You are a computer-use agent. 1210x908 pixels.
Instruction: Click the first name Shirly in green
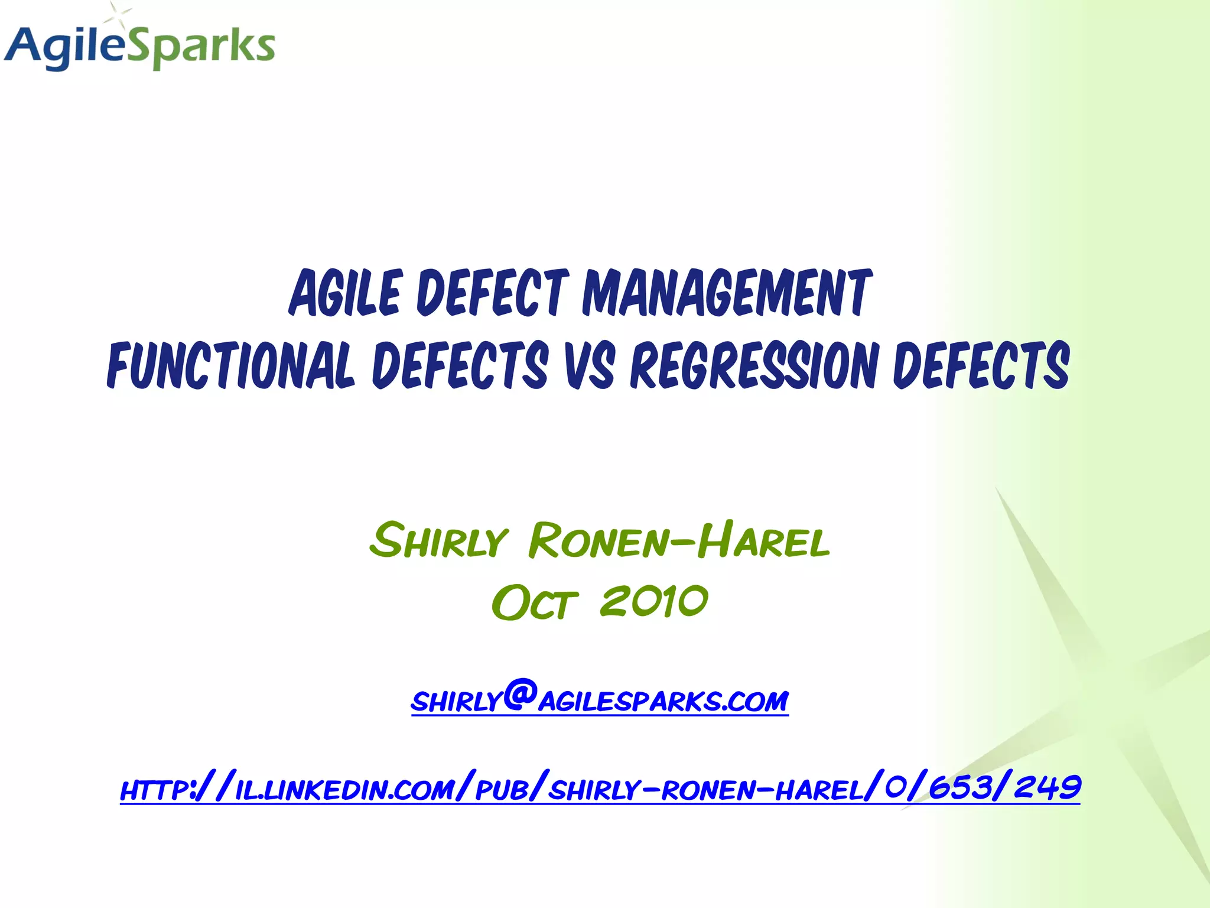click(x=438, y=541)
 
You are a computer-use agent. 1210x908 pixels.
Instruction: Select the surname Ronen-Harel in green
click(x=679, y=541)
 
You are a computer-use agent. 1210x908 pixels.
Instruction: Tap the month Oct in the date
click(x=534, y=603)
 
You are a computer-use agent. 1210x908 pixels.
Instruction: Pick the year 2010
click(x=653, y=602)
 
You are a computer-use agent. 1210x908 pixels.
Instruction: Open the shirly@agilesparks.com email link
click(x=600, y=701)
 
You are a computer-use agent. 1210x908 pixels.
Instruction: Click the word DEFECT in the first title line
click(x=493, y=293)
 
